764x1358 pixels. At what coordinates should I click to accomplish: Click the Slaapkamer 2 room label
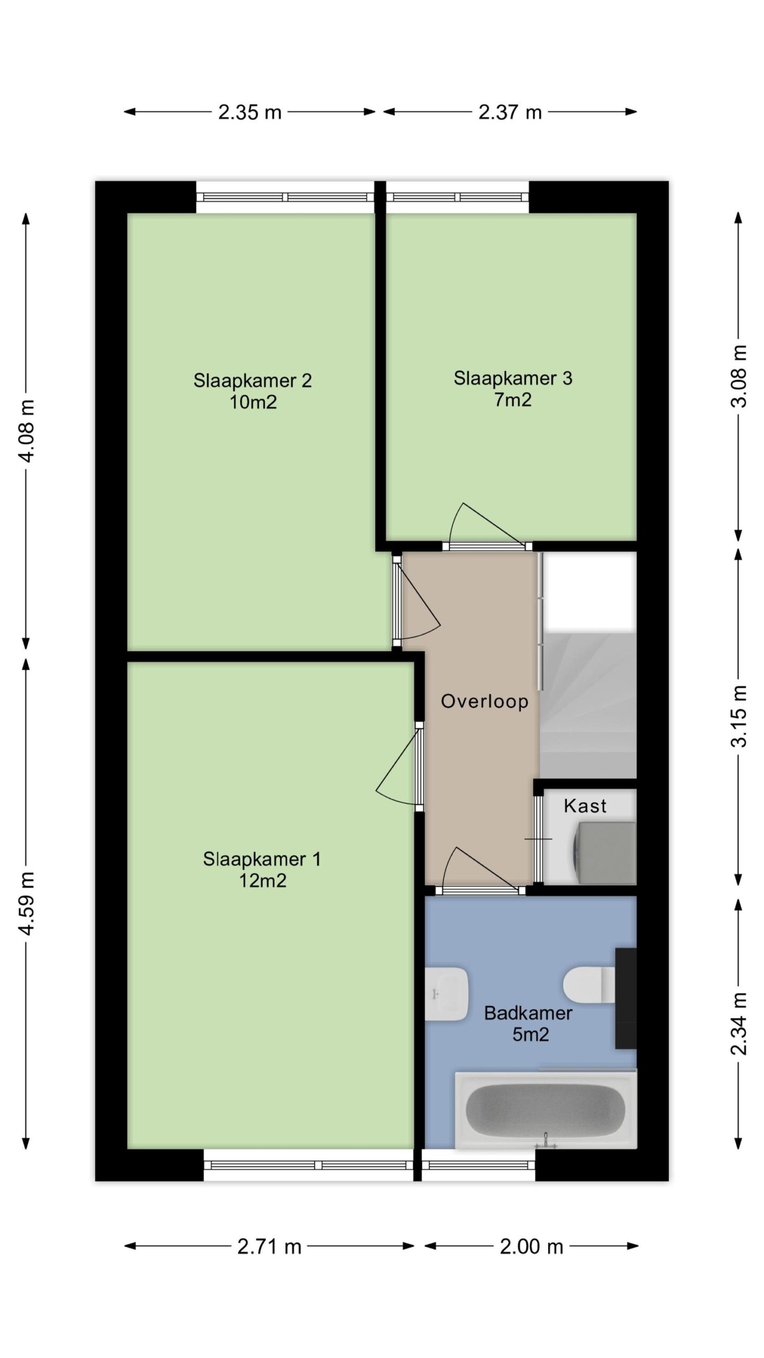click(253, 380)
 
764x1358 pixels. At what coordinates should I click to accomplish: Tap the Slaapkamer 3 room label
click(513, 378)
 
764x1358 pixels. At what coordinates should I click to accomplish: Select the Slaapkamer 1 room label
click(262, 859)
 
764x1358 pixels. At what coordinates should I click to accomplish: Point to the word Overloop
click(484, 701)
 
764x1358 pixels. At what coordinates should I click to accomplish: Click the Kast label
click(585, 806)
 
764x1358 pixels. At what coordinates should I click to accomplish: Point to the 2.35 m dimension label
click(249, 112)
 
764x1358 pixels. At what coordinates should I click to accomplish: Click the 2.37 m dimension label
click(510, 112)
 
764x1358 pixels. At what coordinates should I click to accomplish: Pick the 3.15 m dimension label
click(739, 716)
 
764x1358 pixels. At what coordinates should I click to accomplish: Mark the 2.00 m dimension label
click(531, 1247)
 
